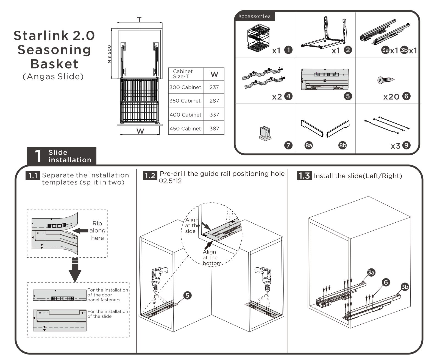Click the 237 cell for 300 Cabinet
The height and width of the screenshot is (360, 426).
tap(214, 87)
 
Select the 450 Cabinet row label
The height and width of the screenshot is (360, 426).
tap(185, 128)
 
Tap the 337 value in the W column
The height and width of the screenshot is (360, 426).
tap(214, 115)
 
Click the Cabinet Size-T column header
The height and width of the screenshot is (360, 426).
tap(183, 74)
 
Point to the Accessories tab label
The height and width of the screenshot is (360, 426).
tap(254, 16)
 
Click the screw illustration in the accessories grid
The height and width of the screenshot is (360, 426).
tap(386, 80)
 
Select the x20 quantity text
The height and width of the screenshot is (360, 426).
tap(391, 97)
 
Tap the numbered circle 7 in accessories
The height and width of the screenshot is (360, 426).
tap(288, 145)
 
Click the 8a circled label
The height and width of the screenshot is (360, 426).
tap(308, 145)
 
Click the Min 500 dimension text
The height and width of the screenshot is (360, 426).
tap(109, 54)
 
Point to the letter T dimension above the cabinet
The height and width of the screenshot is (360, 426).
tap(139, 19)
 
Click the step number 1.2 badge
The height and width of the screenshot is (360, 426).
tap(150, 175)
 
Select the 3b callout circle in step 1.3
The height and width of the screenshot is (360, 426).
tap(405, 287)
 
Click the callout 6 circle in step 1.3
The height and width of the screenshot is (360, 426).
tap(386, 282)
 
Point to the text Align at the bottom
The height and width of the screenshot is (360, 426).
tap(212, 257)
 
